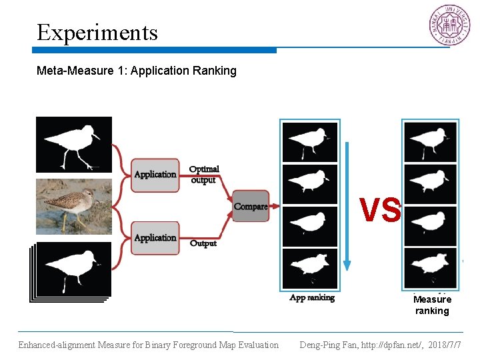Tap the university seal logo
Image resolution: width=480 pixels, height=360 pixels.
448,26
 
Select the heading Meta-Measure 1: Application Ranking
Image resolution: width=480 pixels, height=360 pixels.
137,71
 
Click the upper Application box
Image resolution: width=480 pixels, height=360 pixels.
155,175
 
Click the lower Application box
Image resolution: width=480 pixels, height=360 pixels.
155,238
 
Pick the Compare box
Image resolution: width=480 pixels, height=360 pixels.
251,207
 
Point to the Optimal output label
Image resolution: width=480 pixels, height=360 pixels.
204,175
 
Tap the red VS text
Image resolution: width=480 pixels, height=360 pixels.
381,210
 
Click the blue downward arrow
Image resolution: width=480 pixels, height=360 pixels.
347,207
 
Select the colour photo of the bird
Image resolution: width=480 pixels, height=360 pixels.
73,205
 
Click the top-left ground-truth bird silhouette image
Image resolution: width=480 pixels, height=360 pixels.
73,145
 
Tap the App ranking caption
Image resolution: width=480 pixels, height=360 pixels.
312,298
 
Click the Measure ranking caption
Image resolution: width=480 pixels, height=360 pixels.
432,305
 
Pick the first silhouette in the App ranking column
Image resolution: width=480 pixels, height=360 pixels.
310,143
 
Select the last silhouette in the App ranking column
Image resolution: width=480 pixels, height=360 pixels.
310,268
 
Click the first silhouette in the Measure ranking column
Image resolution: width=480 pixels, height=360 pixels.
430,141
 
